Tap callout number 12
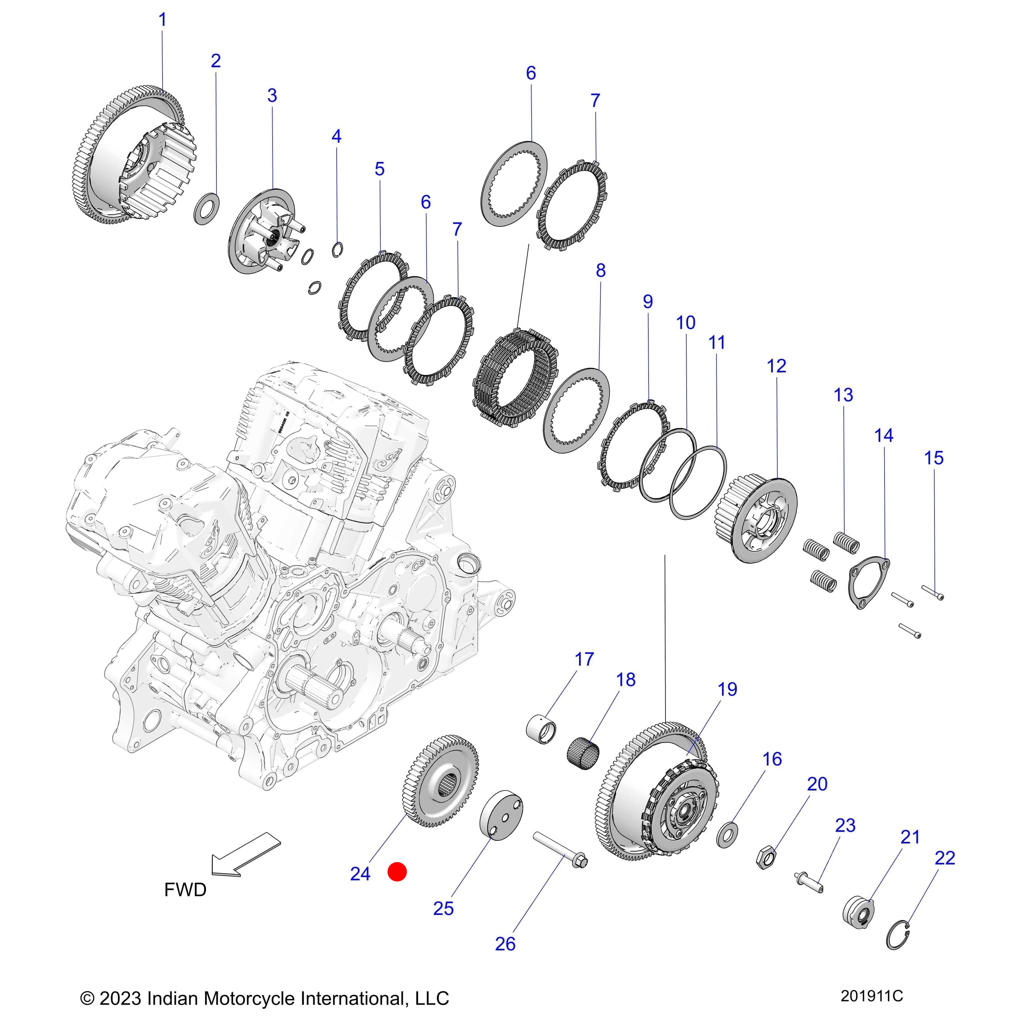coord(776,366)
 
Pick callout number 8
coord(600,271)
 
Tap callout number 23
coord(845,826)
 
